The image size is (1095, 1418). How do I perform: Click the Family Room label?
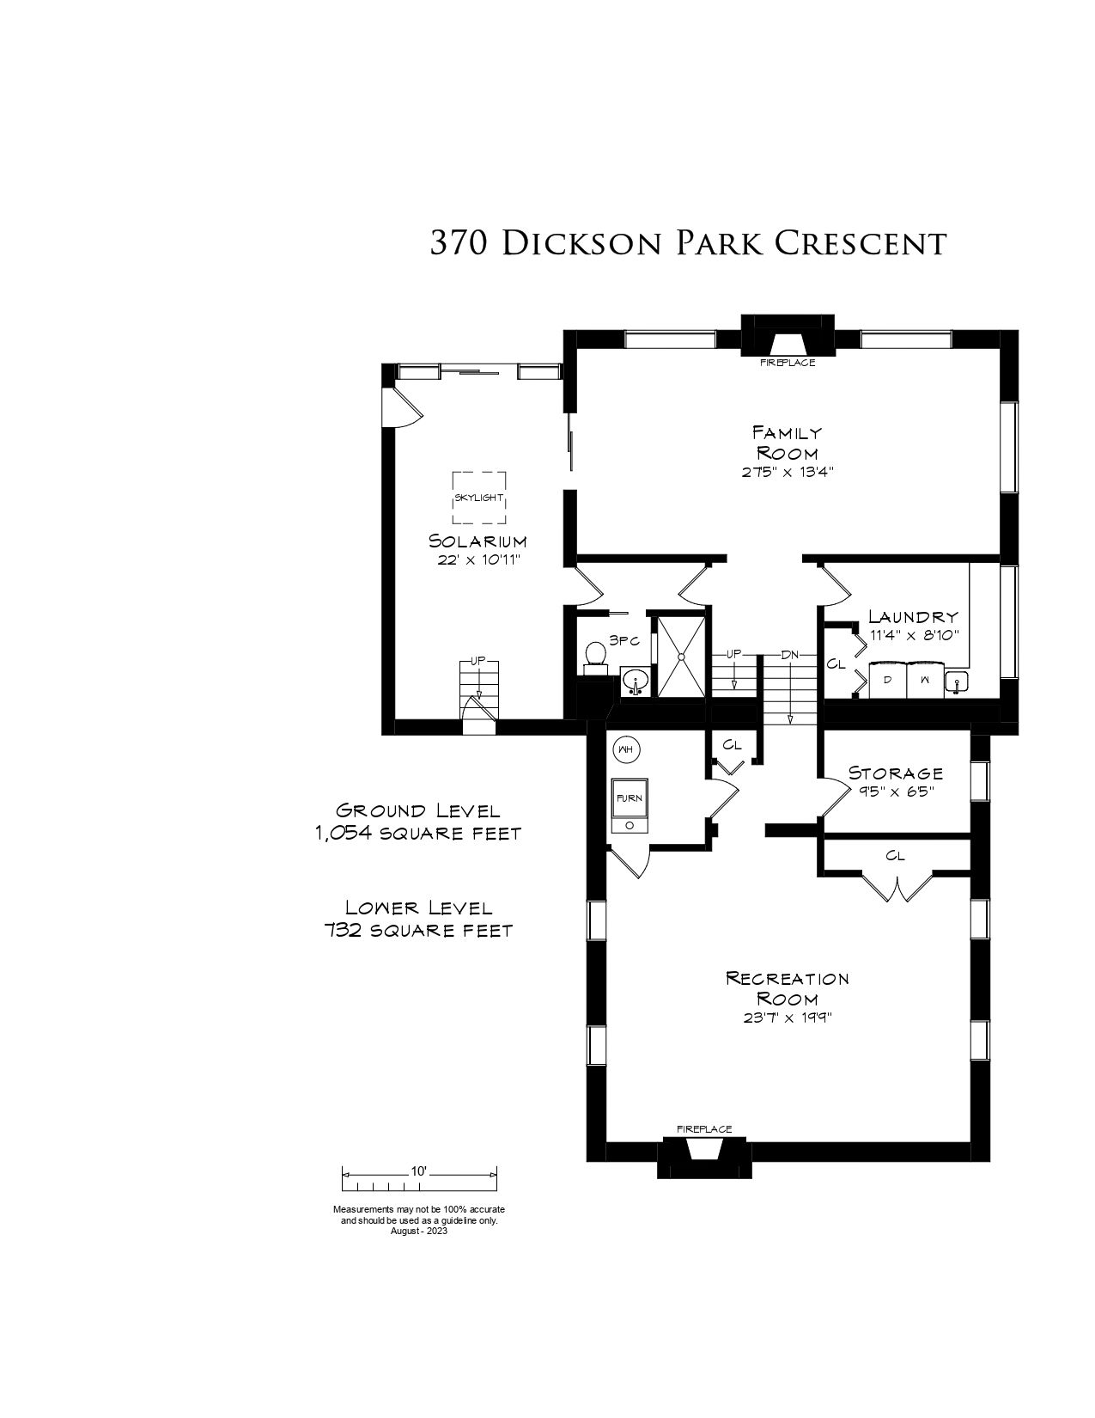[x=788, y=443]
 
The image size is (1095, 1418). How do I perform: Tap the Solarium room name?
[x=478, y=541]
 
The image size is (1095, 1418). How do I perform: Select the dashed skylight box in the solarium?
[x=478, y=498]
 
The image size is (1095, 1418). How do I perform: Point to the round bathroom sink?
[x=634, y=682]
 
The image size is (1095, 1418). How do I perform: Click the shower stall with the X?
[x=681, y=656]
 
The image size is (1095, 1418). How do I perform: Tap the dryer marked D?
[x=888, y=680]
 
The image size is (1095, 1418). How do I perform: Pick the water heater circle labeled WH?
[x=625, y=749]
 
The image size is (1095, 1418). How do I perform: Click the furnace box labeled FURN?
[x=630, y=805]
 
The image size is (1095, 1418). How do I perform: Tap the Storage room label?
[x=896, y=773]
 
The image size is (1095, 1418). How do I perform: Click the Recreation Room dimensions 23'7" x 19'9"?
[x=788, y=1018]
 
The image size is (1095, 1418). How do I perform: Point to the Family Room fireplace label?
[x=788, y=362]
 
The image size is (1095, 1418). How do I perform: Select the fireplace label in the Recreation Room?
[x=704, y=1128]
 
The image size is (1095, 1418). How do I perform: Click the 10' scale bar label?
[x=418, y=1171]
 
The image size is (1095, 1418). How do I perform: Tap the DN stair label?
[x=790, y=654]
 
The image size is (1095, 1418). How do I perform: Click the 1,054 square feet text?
[x=418, y=834]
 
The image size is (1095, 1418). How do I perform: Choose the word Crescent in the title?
[x=861, y=243]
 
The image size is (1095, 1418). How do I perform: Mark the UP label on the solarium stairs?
[x=478, y=661]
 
